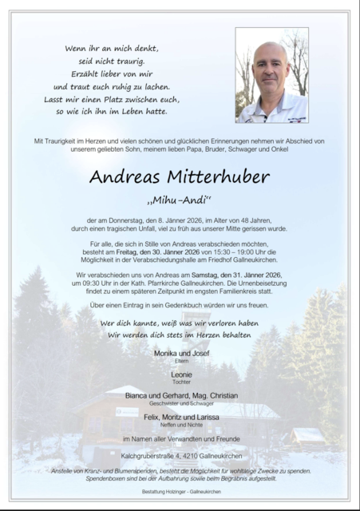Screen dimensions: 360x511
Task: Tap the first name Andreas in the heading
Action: [125, 176]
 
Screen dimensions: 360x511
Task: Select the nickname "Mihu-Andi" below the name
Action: [180, 197]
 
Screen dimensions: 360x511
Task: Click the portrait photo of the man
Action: [271, 75]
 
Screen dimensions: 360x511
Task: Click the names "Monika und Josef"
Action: [180, 351]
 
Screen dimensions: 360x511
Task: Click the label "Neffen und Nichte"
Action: [180, 425]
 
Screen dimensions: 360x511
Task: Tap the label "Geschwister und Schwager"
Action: [180, 403]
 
